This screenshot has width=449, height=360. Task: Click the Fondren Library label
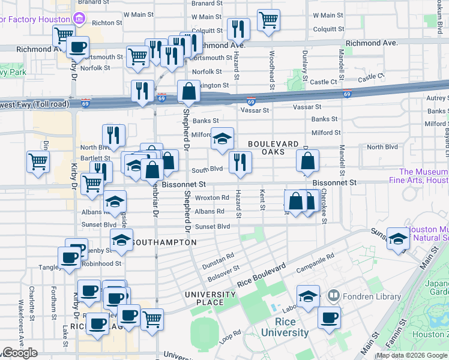coord(371,296)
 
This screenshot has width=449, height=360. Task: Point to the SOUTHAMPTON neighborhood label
coord(163,242)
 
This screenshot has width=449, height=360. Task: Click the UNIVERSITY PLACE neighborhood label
coord(210,298)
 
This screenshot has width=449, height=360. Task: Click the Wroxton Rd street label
coord(212,197)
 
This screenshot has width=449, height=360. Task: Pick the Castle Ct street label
coord(324,82)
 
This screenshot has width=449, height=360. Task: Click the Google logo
coord(20,353)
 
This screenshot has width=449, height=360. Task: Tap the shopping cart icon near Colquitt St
coord(268,20)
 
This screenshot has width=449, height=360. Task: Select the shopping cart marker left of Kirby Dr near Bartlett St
coord(37,161)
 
